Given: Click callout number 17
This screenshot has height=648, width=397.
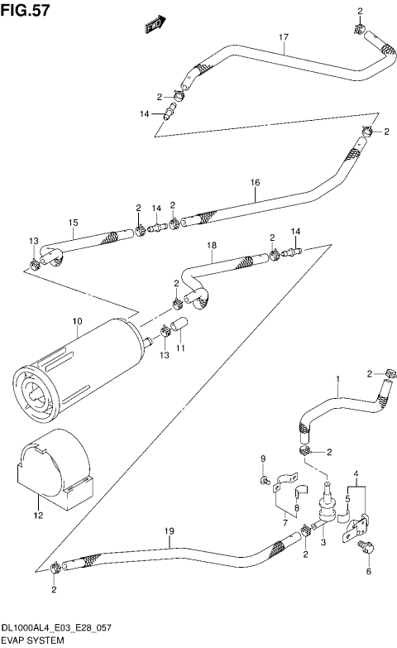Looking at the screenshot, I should (284, 37).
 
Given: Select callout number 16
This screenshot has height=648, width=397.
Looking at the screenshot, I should (255, 183).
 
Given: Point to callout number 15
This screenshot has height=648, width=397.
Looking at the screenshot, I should (74, 223).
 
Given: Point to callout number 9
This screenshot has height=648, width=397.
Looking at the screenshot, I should (263, 459).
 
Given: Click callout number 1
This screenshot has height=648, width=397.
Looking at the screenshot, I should (337, 381).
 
